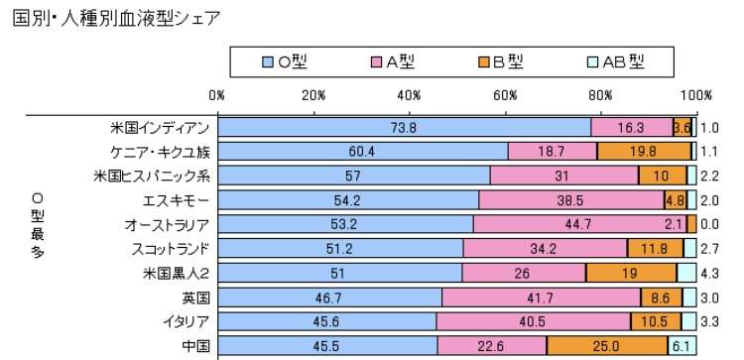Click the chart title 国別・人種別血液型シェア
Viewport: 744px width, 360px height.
point(115,17)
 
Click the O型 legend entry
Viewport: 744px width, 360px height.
point(289,61)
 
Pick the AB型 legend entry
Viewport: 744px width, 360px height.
point(617,61)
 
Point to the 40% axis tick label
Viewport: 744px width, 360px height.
point(409,95)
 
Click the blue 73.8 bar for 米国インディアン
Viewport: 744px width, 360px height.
point(404,127)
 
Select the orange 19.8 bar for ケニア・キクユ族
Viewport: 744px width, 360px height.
point(644,151)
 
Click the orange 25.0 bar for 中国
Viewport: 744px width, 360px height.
point(606,345)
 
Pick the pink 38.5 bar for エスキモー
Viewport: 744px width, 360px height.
point(570,199)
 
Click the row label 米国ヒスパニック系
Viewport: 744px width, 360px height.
point(152,176)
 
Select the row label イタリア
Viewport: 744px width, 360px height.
point(186,321)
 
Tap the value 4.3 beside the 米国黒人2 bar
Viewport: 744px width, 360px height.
point(709,273)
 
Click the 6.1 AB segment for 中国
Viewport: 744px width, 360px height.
point(681,345)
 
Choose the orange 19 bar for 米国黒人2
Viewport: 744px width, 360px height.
point(631,273)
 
